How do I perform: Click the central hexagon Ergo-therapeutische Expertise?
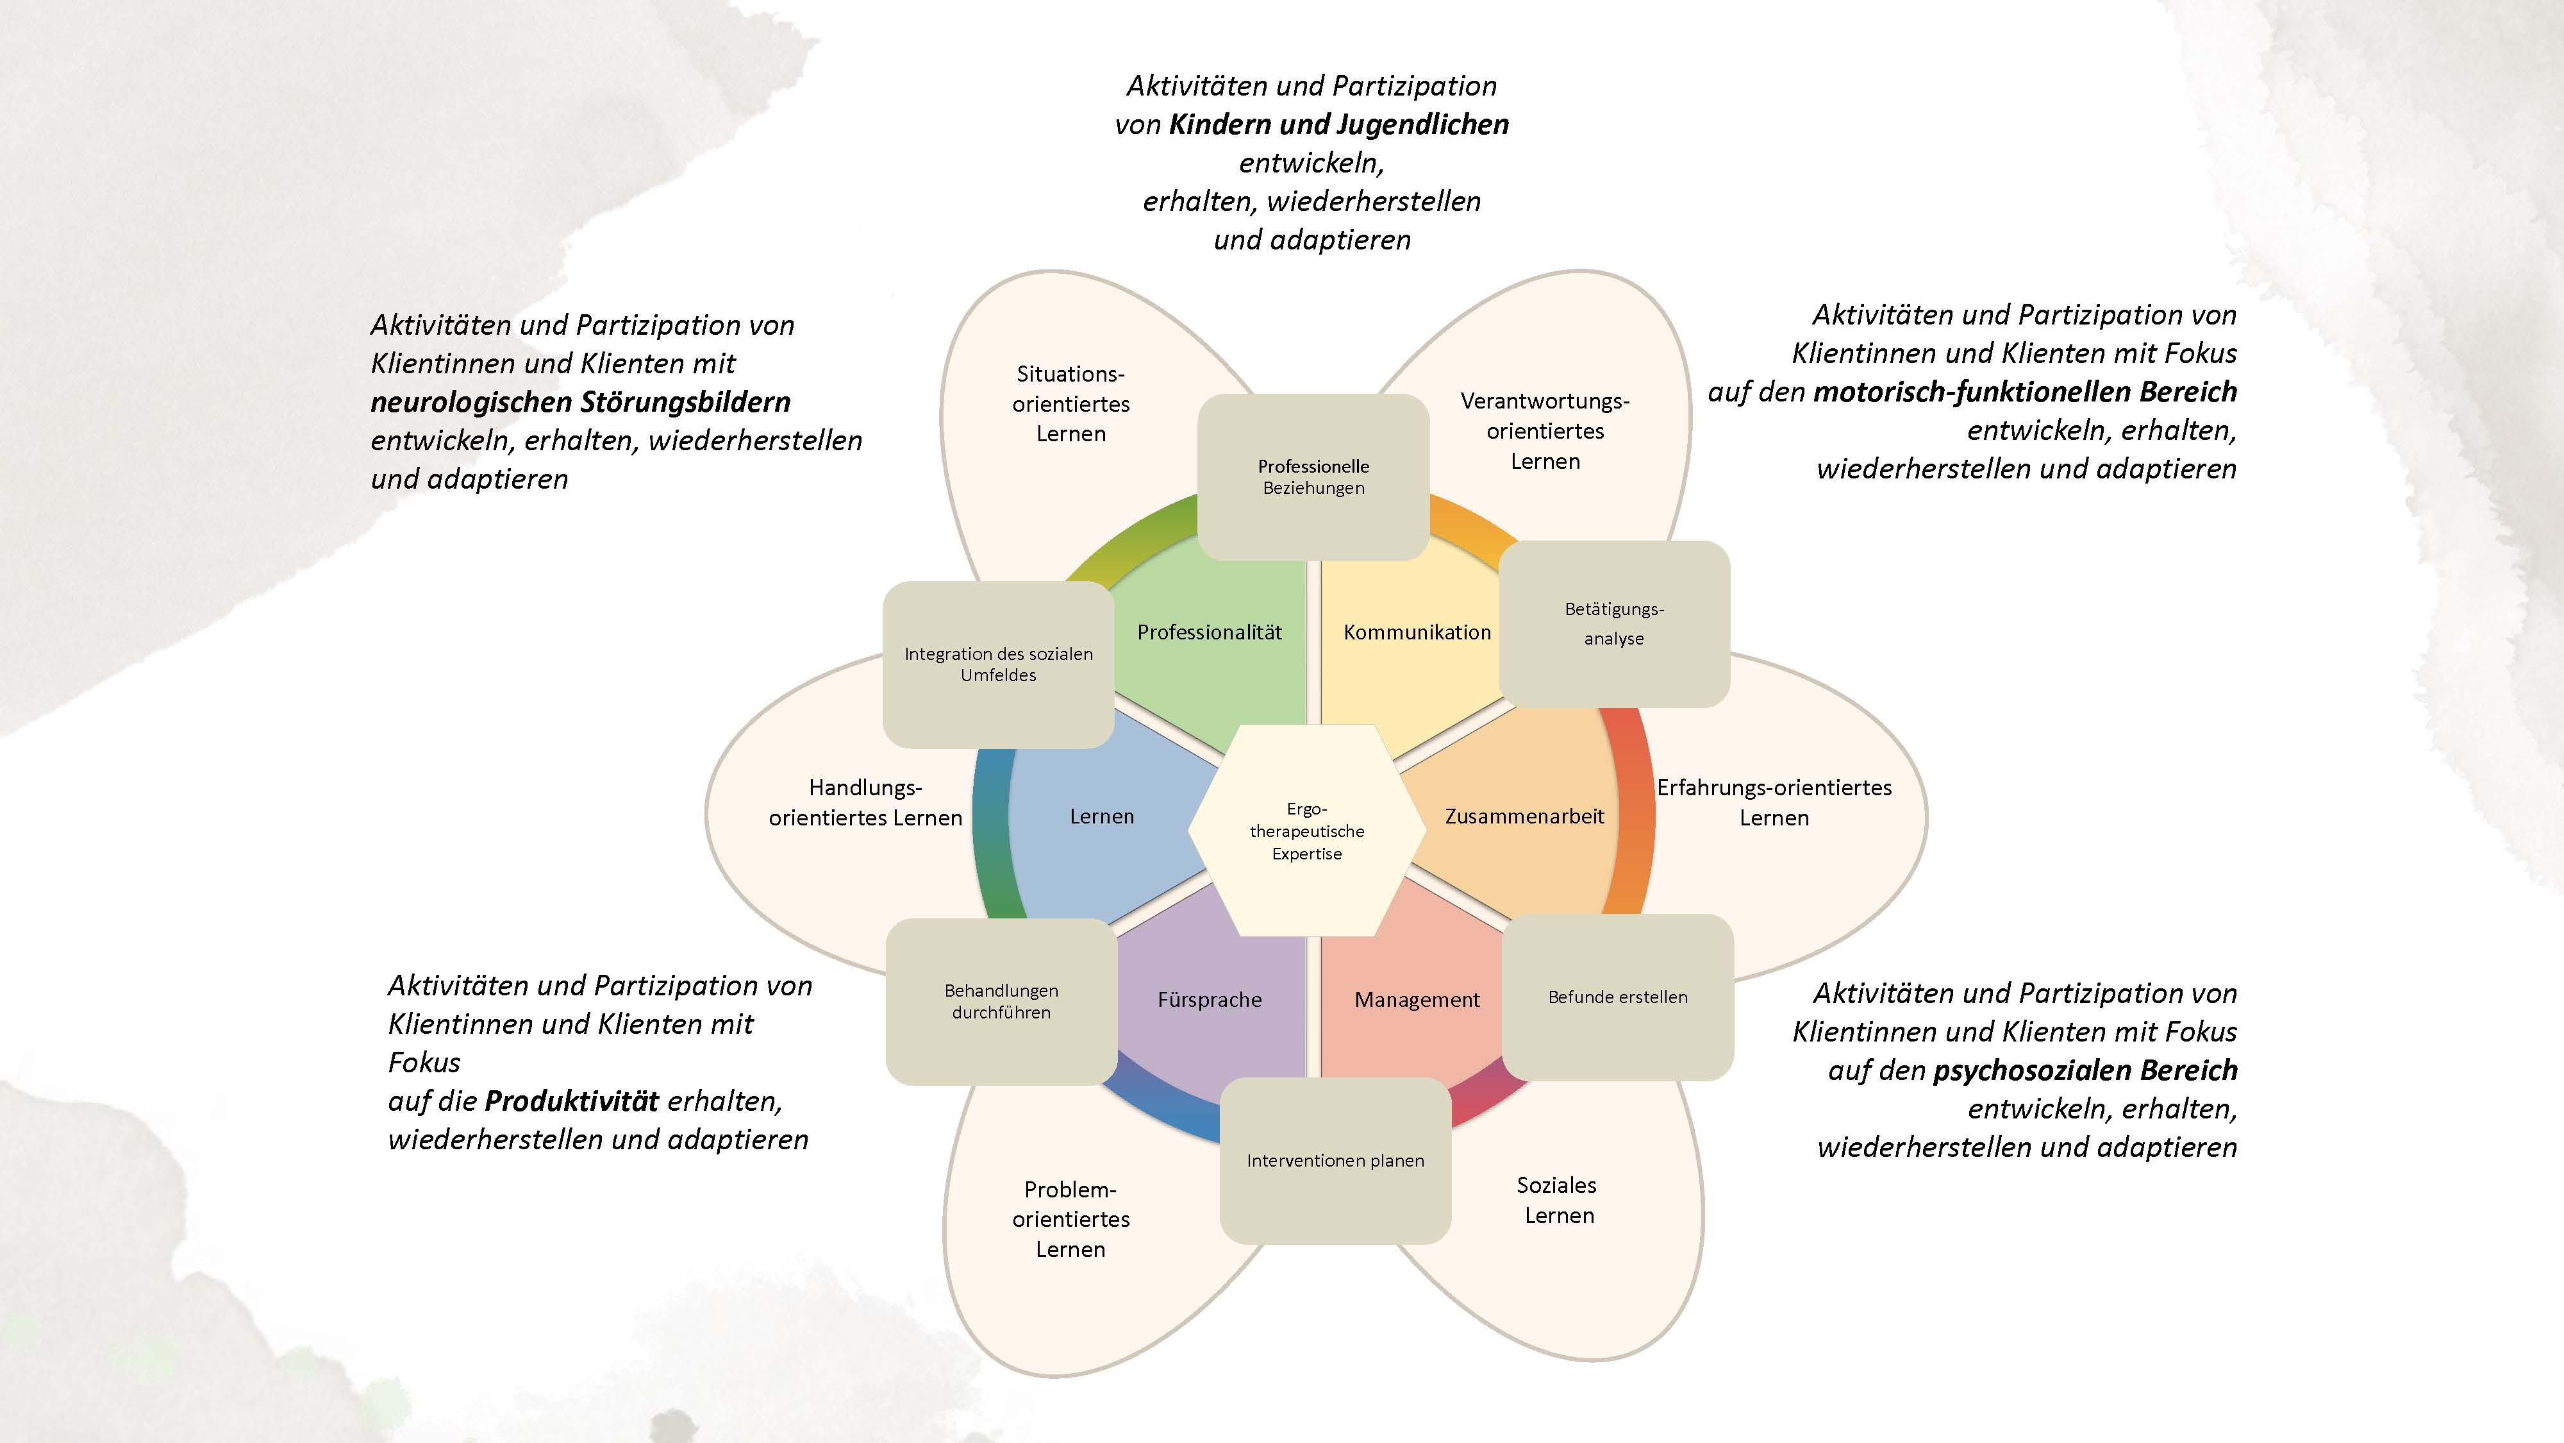(x=1307, y=831)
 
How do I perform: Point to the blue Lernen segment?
(x=1102, y=816)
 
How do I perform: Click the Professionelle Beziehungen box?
(x=1313, y=477)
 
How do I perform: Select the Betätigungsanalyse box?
(x=1613, y=623)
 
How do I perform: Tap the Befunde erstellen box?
(x=1617, y=997)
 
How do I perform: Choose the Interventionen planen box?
(x=1335, y=1160)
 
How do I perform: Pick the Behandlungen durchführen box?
(x=1001, y=1001)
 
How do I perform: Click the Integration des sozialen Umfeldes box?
(x=998, y=664)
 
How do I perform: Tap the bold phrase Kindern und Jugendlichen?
(x=1339, y=124)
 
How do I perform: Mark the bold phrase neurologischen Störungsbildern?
(x=580, y=402)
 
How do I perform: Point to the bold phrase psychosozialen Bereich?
(x=2085, y=1070)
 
